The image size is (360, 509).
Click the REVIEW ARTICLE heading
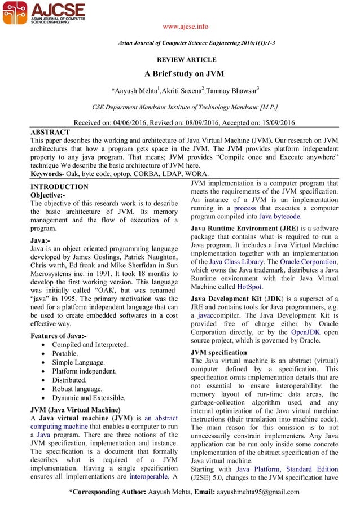(180, 58)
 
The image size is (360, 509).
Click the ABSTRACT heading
(50, 133)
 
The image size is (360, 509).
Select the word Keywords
(47, 174)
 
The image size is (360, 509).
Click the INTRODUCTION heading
(59, 187)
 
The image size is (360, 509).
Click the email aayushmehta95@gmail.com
(258, 491)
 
